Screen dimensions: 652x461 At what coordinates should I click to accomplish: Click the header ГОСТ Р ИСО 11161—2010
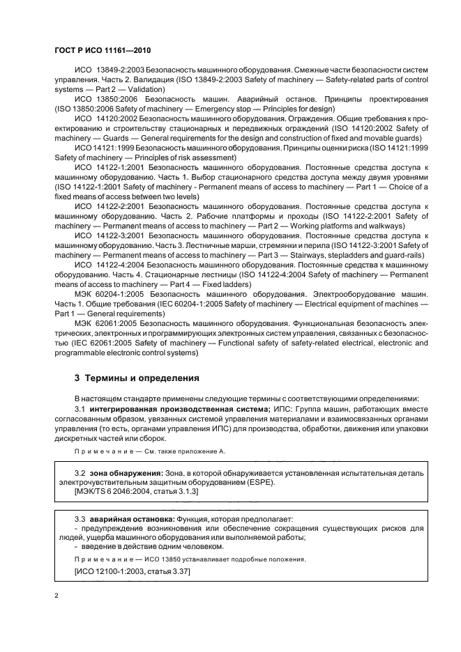tap(102, 52)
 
